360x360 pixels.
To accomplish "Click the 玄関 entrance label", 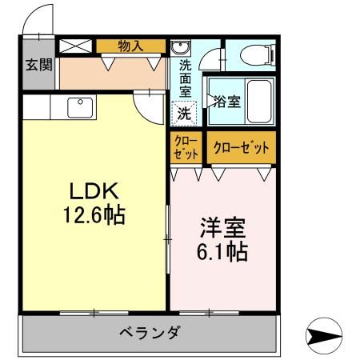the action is coord(39,65).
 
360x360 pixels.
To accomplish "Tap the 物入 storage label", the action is coord(130,46).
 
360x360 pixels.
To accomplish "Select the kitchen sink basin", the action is coord(80,108).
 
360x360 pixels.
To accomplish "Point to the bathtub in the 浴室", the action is coord(259,102).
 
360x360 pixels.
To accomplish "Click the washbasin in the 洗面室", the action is coord(180,48).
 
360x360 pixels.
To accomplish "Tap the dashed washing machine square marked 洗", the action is coord(184,114).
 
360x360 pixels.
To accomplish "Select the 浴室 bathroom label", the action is coord(227,102).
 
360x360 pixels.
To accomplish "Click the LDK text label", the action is coord(94,191).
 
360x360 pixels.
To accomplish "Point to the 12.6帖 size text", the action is coord(94,214).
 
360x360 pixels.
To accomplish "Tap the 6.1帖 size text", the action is coord(222,251).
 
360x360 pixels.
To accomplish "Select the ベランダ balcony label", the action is coord(149,333).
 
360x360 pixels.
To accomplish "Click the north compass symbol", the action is coord(324,336).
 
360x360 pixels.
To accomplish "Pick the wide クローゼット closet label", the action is coord(242,147).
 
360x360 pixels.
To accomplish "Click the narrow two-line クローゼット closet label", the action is coord(186,148).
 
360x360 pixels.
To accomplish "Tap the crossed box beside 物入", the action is coord(75,46).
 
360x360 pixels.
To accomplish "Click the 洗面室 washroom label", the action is coord(185,78).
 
